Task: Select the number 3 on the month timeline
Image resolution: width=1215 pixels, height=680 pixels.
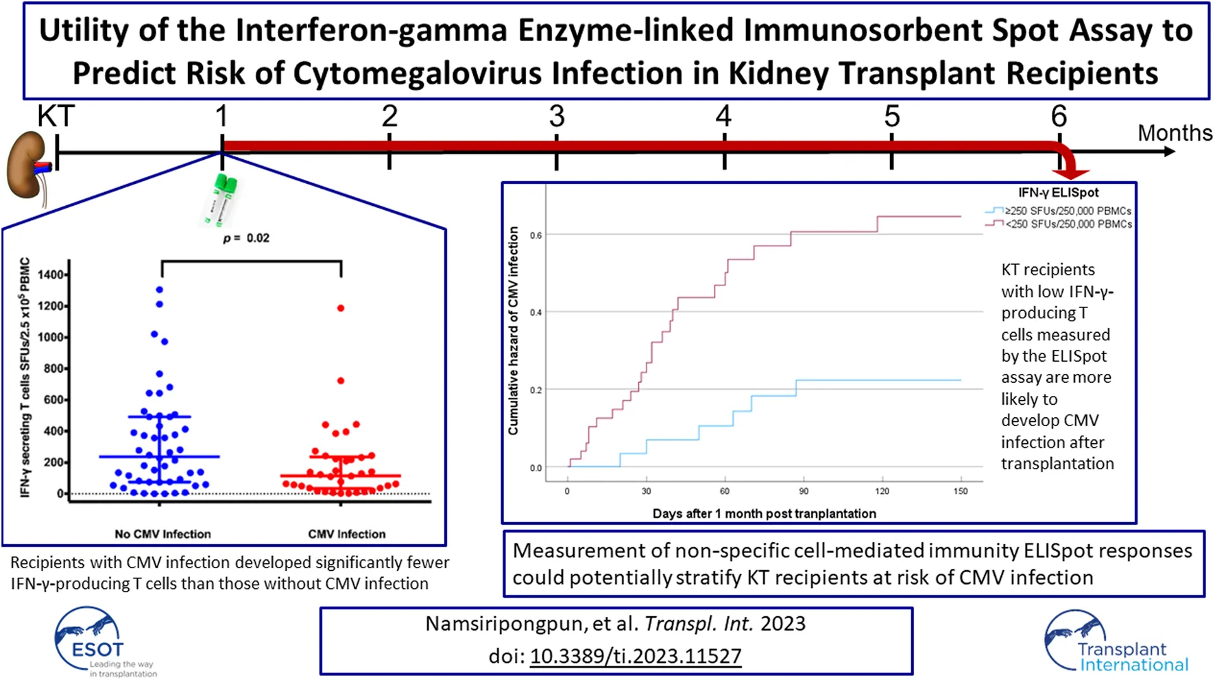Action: [x=557, y=117]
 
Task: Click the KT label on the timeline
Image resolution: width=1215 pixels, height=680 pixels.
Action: [x=56, y=117]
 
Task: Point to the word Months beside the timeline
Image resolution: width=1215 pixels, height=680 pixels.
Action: [x=1175, y=132]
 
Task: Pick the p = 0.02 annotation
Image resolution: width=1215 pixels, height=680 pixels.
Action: [x=246, y=238]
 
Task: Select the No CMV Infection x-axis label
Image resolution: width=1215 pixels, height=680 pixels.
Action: [x=163, y=534]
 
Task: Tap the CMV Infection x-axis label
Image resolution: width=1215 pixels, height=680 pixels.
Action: [x=347, y=534]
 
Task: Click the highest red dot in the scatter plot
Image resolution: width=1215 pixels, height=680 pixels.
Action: [x=341, y=308]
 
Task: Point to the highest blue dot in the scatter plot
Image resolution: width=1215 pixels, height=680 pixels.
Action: [x=160, y=290]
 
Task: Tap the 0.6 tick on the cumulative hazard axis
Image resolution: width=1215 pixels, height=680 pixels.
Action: [x=536, y=235]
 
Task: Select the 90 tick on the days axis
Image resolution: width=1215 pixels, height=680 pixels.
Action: [x=804, y=491]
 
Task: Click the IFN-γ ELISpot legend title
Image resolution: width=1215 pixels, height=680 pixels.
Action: [x=1058, y=193]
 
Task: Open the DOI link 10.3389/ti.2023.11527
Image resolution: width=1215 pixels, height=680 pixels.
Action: [x=636, y=656]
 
